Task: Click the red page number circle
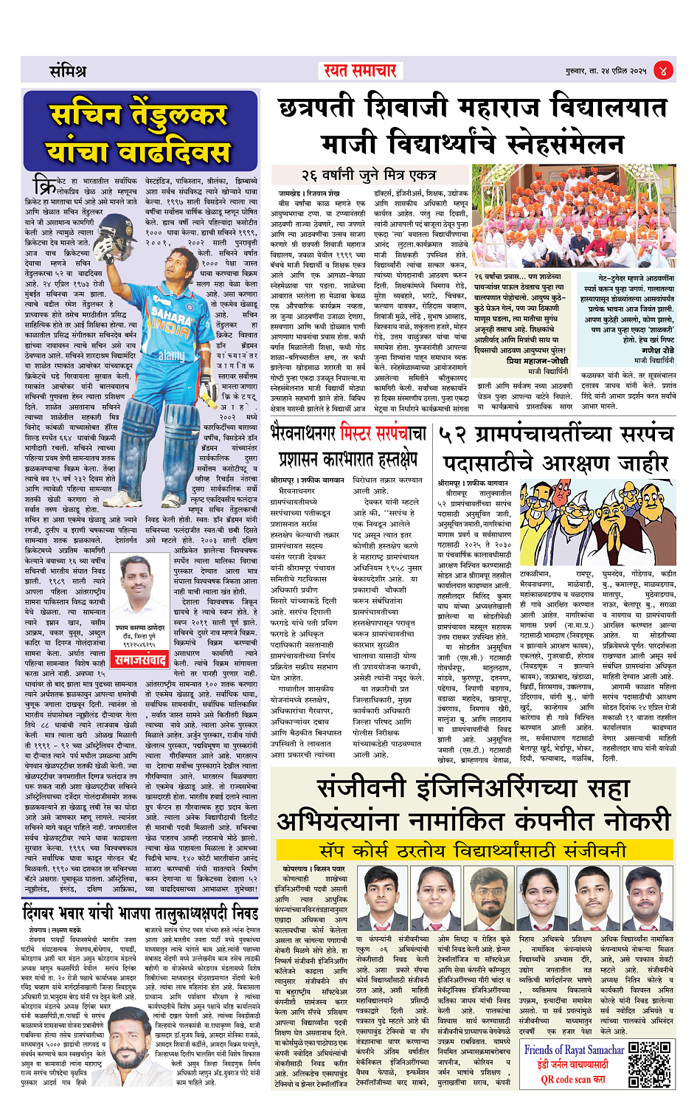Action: [664, 71]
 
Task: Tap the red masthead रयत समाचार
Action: [360, 71]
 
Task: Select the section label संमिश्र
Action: [68, 72]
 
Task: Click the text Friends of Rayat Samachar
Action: [574, 1049]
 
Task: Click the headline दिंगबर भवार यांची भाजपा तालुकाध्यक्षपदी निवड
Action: [140, 912]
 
